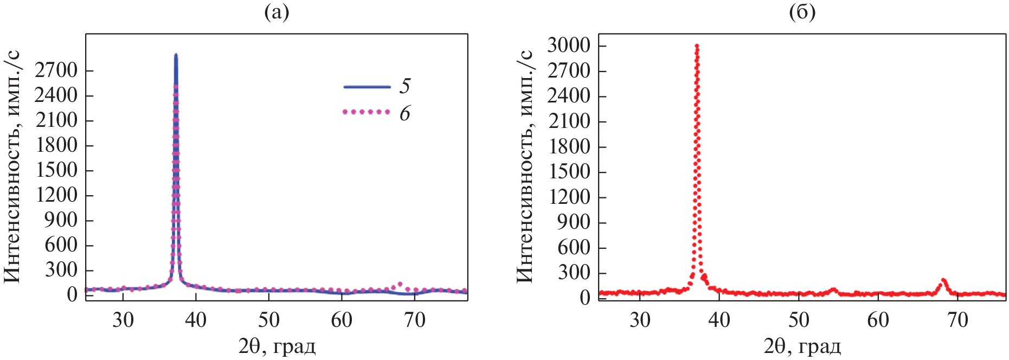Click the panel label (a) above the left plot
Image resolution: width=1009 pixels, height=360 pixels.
[x=277, y=12]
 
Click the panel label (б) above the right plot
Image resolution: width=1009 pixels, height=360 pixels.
[x=802, y=12]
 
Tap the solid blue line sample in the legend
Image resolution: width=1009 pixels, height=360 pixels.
[x=367, y=87]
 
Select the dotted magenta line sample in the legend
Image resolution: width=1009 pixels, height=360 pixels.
[x=367, y=112]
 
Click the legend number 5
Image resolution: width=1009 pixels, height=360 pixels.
[x=405, y=86]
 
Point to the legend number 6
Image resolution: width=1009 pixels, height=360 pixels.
[x=405, y=113]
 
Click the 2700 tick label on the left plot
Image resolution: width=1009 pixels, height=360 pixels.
[x=56, y=70]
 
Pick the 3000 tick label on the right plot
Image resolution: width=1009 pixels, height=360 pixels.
[x=568, y=46]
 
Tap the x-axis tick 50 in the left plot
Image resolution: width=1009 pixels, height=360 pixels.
[x=268, y=320]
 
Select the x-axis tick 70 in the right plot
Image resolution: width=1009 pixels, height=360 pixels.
[x=957, y=320]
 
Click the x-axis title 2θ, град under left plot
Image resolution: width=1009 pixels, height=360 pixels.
[x=277, y=346]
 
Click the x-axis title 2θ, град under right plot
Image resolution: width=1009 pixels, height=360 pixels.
[x=802, y=346]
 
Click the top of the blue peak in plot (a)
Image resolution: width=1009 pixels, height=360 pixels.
[x=176, y=55]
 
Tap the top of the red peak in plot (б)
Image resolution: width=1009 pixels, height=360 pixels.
[x=697, y=46]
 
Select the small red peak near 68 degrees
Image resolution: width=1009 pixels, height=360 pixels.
[x=943, y=280]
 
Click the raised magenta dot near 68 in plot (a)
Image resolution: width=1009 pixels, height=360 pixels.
[x=400, y=284]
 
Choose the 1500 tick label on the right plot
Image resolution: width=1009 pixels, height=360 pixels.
[x=568, y=172]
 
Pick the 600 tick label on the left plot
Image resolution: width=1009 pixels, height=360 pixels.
[x=61, y=245]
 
